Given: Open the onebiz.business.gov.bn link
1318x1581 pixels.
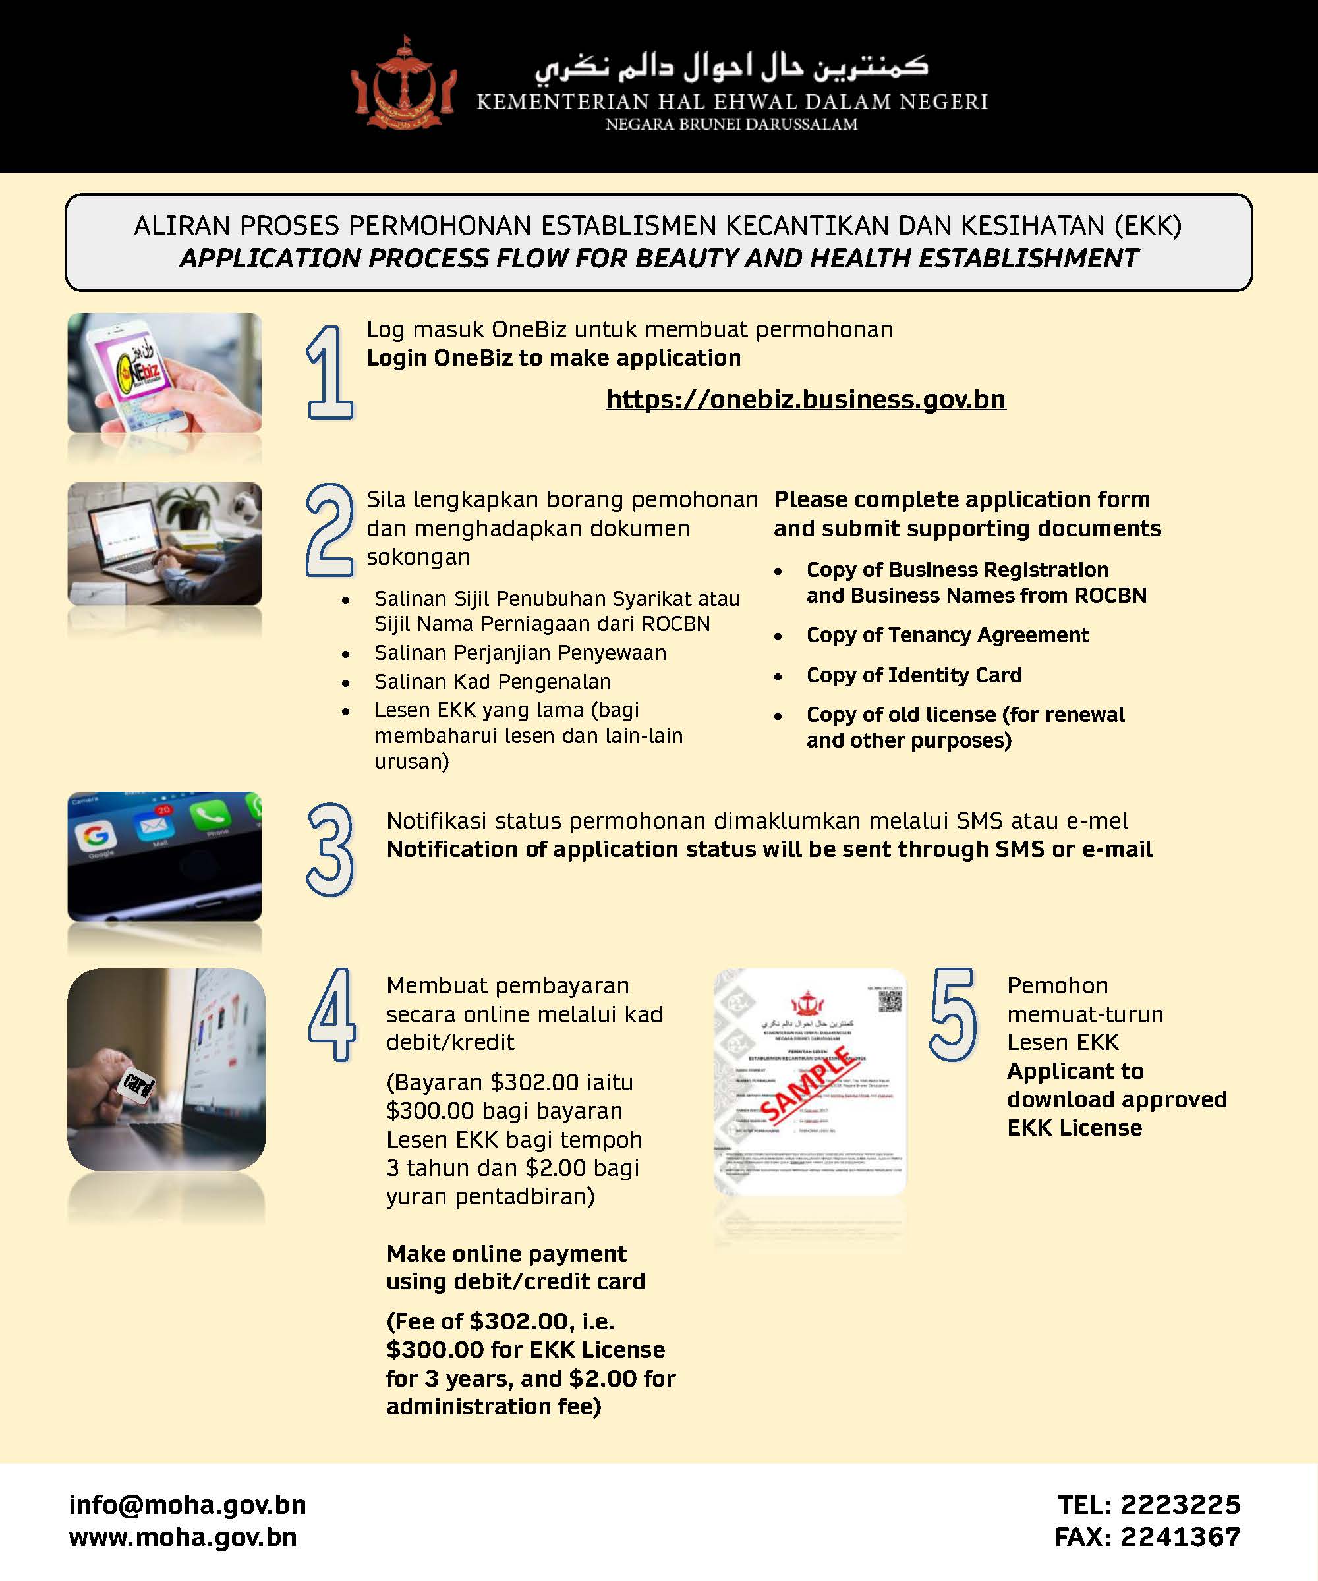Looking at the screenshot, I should pos(805,399).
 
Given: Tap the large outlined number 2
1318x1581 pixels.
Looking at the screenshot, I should pos(329,530).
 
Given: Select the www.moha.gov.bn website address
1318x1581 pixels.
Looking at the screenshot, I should pos(183,1537).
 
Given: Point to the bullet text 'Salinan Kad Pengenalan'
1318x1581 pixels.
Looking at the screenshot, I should pos(492,681).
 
